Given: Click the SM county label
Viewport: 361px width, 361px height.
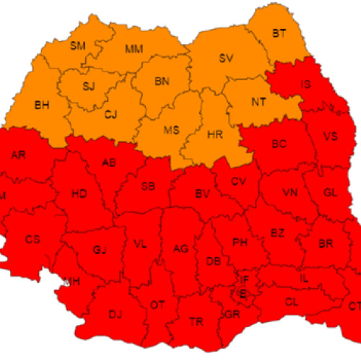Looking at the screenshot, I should pyautogui.click(x=77, y=46).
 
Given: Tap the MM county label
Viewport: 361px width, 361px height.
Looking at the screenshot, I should pyautogui.click(x=134, y=49).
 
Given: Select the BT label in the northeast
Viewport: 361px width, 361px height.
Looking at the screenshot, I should pyautogui.click(x=279, y=33).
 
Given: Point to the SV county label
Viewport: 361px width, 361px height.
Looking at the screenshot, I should pyautogui.click(x=227, y=58).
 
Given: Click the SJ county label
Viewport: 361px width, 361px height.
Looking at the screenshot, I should pyautogui.click(x=88, y=87).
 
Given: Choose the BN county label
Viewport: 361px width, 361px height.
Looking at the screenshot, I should pyautogui.click(x=162, y=82).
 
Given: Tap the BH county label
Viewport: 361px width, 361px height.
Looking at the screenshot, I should pyautogui.click(x=43, y=105).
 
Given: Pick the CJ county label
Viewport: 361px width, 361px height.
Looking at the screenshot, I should pyautogui.click(x=110, y=113).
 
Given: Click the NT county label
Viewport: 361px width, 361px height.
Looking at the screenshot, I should pyautogui.click(x=258, y=102).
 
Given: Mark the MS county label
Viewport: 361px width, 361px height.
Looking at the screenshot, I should pyautogui.click(x=171, y=130).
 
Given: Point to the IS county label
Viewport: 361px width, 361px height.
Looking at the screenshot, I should pyautogui.click(x=306, y=85).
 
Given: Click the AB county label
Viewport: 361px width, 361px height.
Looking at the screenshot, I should pyautogui.click(x=110, y=162).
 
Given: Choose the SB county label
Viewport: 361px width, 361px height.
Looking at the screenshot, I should pyautogui.click(x=148, y=186).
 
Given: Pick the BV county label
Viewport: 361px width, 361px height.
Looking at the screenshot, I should pyautogui.click(x=203, y=193).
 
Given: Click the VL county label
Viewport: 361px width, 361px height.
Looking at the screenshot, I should pyautogui.click(x=140, y=244).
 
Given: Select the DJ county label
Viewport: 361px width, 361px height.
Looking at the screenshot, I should pyautogui.click(x=115, y=313).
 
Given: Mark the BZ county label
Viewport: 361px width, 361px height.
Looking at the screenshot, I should pyautogui.click(x=277, y=232).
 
